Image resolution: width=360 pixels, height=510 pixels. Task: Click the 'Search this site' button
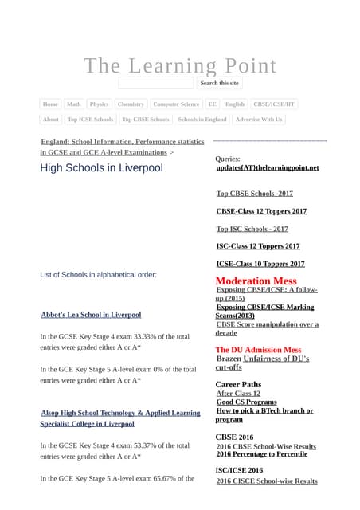coord(219,83)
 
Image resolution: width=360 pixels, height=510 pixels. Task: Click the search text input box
coord(156,83)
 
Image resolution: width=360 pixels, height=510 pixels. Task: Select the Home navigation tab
coord(50,104)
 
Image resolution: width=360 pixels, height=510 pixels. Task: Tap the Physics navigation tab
coord(99,104)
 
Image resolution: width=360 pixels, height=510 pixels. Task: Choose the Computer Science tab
coord(176,104)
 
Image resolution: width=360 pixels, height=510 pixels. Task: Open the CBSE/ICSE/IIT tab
coord(273,104)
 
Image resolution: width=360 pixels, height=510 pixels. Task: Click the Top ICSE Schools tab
coord(90,120)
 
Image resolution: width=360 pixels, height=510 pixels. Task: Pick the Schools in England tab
coord(202,120)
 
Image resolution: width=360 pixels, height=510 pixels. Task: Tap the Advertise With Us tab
coord(259,120)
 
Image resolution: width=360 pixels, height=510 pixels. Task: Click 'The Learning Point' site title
coord(180,65)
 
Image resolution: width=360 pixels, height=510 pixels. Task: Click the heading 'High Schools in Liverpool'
coord(101,168)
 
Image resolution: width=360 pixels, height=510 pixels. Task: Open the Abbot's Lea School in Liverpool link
coord(91,315)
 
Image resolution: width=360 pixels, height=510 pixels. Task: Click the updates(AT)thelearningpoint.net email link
coord(268,168)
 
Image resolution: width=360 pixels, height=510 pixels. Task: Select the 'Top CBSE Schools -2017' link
coord(255,194)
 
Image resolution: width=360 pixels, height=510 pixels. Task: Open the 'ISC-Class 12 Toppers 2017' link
coord(258,246)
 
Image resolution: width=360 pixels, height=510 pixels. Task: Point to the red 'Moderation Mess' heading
coord(256,281)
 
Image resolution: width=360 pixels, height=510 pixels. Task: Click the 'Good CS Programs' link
coord(247,402)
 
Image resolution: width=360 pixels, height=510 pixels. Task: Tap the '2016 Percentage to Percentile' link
coord(262,454)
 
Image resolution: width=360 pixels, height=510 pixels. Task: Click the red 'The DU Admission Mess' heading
coord(258,350)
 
